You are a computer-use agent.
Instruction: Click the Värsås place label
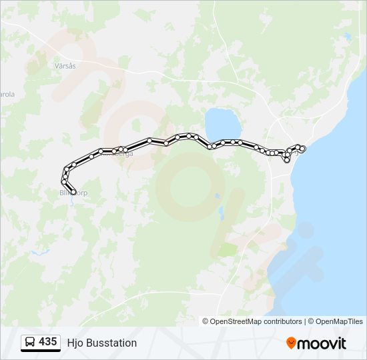[x=65, y=66]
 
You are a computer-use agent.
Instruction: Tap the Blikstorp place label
[x=73, y=193]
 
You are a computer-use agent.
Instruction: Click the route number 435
[x=47, y=341]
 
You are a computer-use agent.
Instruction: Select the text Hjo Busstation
[x=101, y=343]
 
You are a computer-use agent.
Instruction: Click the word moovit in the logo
[x=322, y=343]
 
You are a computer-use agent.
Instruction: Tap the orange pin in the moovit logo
[x=291, y=343]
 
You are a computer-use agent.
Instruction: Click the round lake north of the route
[x=223, y=124]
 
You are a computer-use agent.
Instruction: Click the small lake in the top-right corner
[x=348, y=37]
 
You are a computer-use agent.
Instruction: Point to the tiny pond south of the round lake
[x=217, y=197]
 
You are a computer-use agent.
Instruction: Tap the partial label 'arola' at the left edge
[x=7, y=94]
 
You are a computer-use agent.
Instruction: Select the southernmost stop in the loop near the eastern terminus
[x=287, y=160]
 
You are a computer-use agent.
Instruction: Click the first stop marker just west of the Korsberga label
[x=101, y=151]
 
